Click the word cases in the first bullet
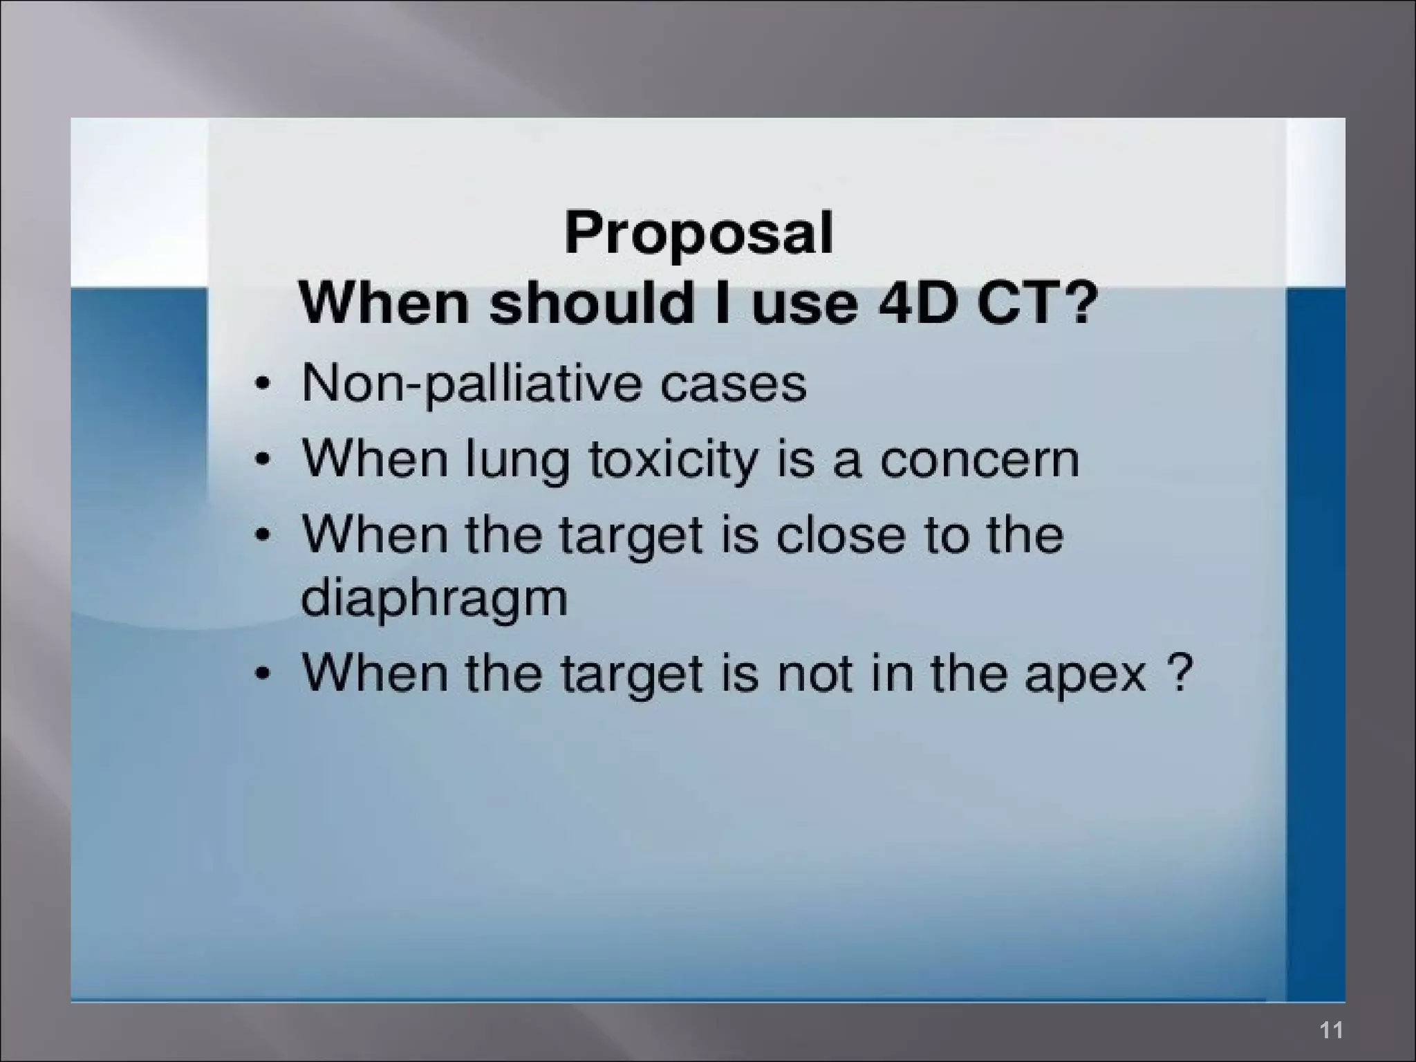point(733,385)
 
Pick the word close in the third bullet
point(840,535)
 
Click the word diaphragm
point(434,599)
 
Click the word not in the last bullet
point(814,674)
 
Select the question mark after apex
point(1181,672)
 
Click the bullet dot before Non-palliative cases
point(261,384)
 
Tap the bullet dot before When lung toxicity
point(261,460)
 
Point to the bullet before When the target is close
point(261,535)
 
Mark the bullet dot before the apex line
point(261,673)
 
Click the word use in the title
point(805,304)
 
